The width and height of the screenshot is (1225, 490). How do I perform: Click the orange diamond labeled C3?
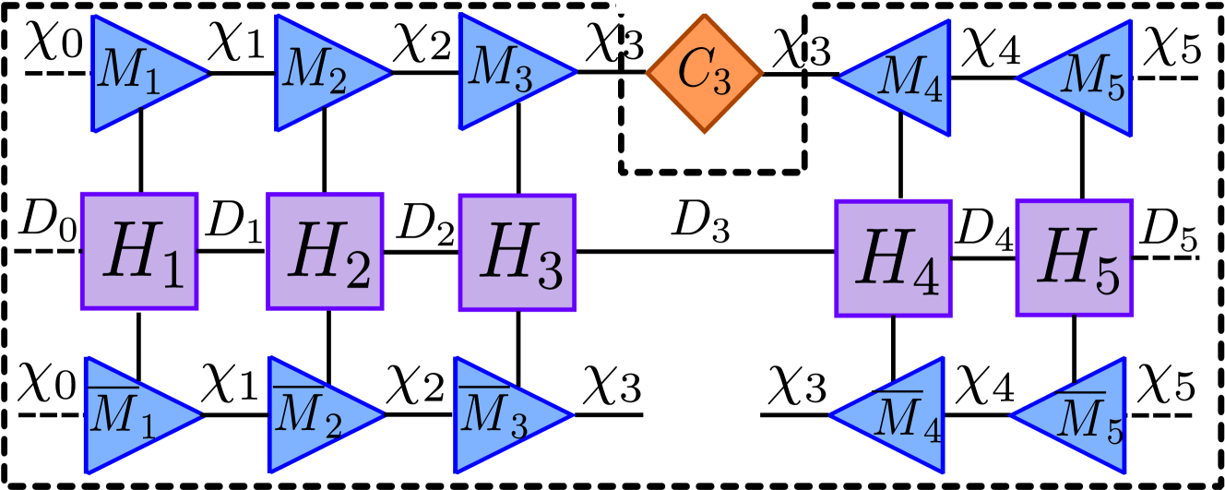click(705, 74)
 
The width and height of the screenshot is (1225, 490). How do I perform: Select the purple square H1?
click(139, 251)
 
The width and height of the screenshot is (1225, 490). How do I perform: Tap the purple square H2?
click(325, 251)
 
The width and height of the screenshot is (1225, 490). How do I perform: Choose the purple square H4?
click(893, 258)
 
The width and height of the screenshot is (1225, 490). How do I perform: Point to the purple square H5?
click(1074, 258)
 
